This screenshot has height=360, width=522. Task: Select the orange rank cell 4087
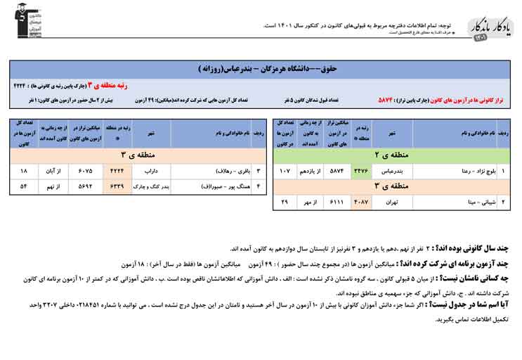[x=360, y=202]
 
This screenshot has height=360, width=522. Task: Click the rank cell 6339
[x=115, y=187]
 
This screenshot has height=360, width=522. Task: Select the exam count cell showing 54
[x=24, y=187]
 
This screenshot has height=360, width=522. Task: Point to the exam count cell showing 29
[x=285, y=202]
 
